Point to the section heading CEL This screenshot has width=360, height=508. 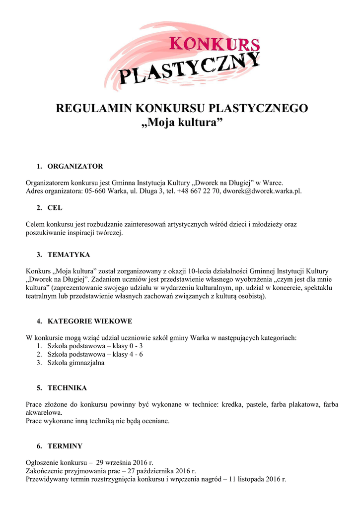click(x=55, y=208)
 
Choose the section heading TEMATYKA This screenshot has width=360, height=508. click(x=69, y=254)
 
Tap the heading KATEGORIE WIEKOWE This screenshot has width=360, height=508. click(x=89, y=321)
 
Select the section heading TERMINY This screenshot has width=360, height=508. click(x=65, y=445)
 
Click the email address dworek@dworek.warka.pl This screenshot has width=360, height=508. click(x=262, y=190)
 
